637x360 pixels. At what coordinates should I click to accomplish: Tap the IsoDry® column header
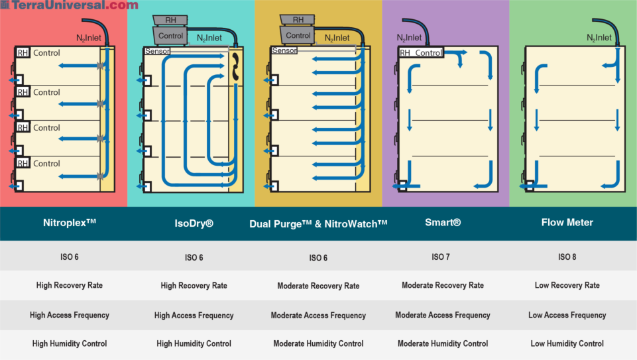pyautogui.click(x=191, y=223)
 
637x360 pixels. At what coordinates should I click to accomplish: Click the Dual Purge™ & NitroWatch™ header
pyautogui.click(x=318, y=223)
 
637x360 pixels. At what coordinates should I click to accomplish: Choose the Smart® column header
pyautogui.click(x=443, y=223)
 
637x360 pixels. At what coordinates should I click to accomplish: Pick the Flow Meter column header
pyautogui.click(x=567, y=223)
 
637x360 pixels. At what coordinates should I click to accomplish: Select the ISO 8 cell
pyautogui.click(x=567, y=257)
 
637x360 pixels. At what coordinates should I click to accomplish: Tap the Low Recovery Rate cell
pyautogui.click(x=567, y=285)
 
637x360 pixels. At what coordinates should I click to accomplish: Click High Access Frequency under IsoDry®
pyautogui.click(x=194, y=316)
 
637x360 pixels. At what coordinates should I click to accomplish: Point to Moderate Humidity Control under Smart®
pyautogui.click(x=443, y=343)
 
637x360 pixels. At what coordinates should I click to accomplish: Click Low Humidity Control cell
pyautogui.click(x=567, y=343)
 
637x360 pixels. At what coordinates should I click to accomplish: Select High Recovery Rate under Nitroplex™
pyautogui.click(x=69, y=285)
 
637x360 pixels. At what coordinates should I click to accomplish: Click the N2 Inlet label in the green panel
pyautogui.click(x=599, y=38)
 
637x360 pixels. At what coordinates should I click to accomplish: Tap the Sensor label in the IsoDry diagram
pyautogui.click(x=156, y=50)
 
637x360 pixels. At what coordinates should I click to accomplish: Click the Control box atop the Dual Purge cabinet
pyautogui.click(x=298, y=35)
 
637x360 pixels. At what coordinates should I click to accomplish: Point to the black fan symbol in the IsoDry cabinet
pyautogui.click(x=235, y=69)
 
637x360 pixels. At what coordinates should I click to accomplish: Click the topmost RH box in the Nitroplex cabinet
pyautogui.click(x=23, y=53)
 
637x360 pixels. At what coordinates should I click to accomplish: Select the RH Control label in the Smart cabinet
pyautogui.click(x=421, y=53)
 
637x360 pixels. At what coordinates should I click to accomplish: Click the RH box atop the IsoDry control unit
pyautogui.click(x=170, y=20)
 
